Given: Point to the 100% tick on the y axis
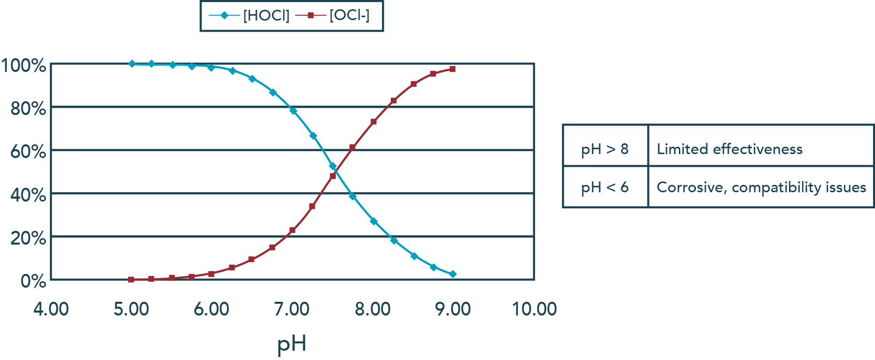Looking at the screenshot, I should (x=23, y=66).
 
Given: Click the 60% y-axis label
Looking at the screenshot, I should (x=28, y=152).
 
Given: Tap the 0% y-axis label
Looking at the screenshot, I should (x=33, y=281).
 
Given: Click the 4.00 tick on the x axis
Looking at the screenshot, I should (x=51, y=309).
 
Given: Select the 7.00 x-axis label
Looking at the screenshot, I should (x=292, y=309).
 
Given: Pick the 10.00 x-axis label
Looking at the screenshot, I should (x=534, y=309).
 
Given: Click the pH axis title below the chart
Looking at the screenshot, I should (x=292, y=343).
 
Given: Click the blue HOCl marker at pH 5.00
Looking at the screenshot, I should (x=132, y=64).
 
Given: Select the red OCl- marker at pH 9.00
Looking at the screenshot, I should (x=452, y=69).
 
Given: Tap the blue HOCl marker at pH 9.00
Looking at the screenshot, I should (x=453, y=274).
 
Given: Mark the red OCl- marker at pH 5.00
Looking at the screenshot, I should (x=131, y=280).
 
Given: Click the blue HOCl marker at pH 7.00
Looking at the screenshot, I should (x=293, y=111).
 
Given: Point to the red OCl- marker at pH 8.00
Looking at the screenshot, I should (x=374, y=122).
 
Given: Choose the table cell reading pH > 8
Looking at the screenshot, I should (x=605, y=149).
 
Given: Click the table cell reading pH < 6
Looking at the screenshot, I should (x=605, y=187).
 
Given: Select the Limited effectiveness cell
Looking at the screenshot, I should (x=729, y=149).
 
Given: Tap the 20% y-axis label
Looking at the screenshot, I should (x=28, y=238).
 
